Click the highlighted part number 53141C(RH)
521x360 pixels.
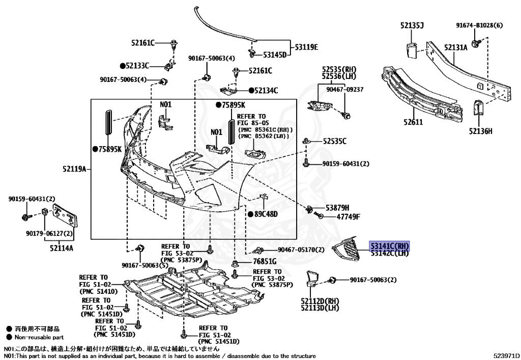[x=389, y=245]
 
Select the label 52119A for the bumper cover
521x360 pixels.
[x=74, y=169]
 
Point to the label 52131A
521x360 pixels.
[x=455, y=47]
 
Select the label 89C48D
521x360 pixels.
[x=266, y=214]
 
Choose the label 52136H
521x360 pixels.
[x=481, y=131]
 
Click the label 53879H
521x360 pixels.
[x=338, y=208]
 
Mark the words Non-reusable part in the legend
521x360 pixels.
[x=39, y=337]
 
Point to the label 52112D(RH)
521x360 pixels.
[x=320, y=301]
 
